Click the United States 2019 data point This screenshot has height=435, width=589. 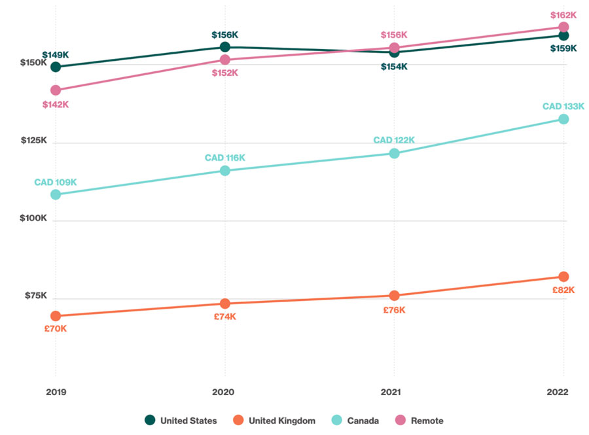(56, 67)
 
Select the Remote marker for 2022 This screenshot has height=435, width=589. (563, 27)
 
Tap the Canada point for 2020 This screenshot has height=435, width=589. (225, 171)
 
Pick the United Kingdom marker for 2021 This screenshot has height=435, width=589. (394, 296)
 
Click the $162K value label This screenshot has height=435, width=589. (563, 14)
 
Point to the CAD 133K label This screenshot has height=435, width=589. (563, 107)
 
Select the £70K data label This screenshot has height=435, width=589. (56, 328)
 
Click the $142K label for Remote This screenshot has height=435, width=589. (56, 105)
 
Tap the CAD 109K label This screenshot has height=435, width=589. (56, 182)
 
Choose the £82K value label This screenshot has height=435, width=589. (563, 290)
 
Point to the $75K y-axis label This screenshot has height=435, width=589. (36, 296)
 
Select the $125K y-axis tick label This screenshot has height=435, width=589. (34, 140)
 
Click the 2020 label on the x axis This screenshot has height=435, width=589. (225, 392)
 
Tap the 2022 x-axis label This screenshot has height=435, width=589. (563, 392)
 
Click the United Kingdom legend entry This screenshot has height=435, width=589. (275, 421)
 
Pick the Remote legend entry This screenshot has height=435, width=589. (419, 421)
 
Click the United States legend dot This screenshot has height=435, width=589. (150, 421)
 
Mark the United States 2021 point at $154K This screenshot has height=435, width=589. (394, 52)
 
